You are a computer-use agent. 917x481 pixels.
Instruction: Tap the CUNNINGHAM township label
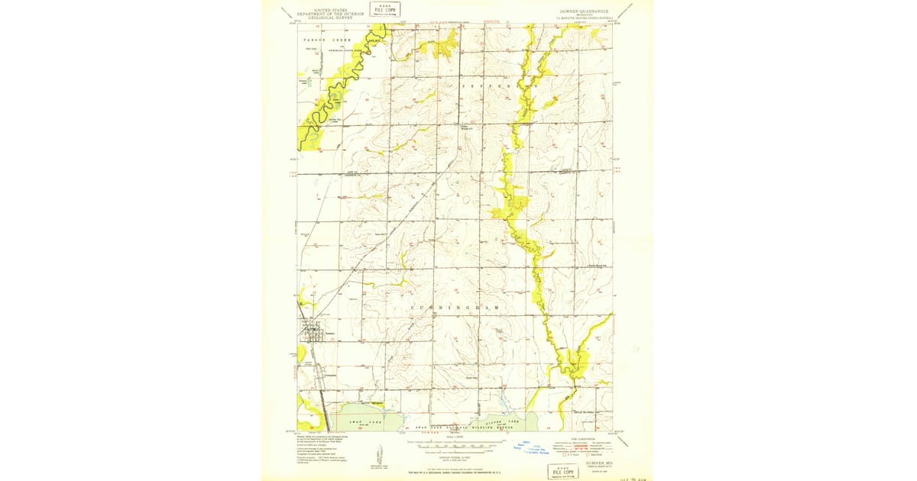click(x=458, y=308)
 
